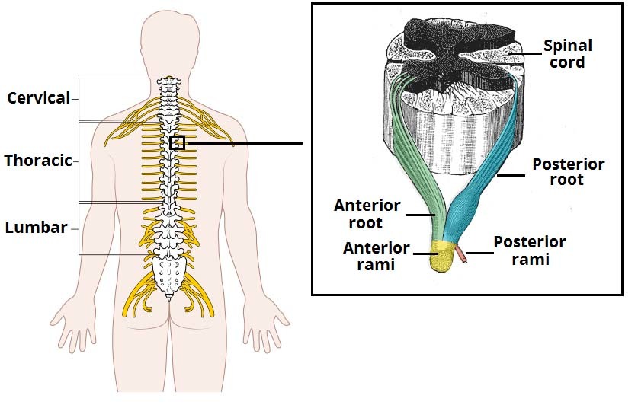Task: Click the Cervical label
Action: click(38, 98)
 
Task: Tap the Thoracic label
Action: click(37, 161)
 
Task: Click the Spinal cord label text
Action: click(567, 54)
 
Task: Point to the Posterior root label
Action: click(568, 172)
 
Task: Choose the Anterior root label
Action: click(367, 214)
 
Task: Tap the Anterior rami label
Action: click(376, 257)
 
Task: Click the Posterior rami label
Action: click(529, 250)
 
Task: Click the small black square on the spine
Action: click(177, 142)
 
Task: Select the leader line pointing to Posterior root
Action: click(510, 174)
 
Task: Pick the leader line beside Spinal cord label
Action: click(525, 52)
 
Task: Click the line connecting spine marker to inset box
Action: click(244, 142)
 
